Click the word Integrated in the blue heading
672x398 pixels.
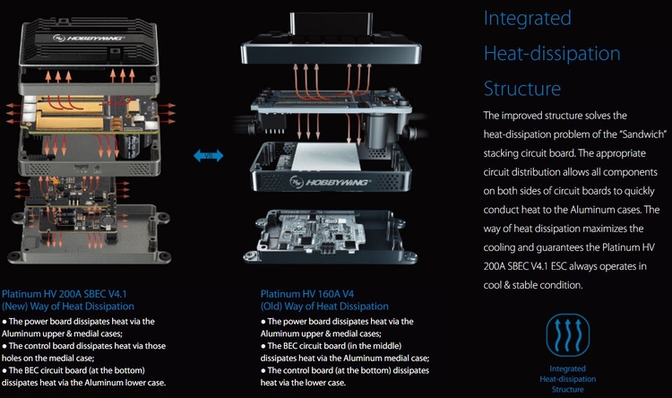point(527,19)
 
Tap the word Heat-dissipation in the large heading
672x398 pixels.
point(552,54)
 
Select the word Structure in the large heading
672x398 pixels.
point(522,89)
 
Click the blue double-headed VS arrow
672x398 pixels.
point(208,155)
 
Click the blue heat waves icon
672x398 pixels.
point(568,335)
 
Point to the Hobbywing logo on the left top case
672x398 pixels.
point(88,39)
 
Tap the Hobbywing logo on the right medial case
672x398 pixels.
point(330,182)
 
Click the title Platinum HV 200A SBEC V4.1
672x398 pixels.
point(65,294)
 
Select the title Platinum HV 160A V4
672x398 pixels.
point(307,294)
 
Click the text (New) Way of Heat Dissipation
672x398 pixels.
point(68,307)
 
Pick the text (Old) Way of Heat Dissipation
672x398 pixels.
point(324,307)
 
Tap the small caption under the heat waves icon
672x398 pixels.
point(568,379)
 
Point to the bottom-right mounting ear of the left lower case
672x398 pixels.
point(164,257)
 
